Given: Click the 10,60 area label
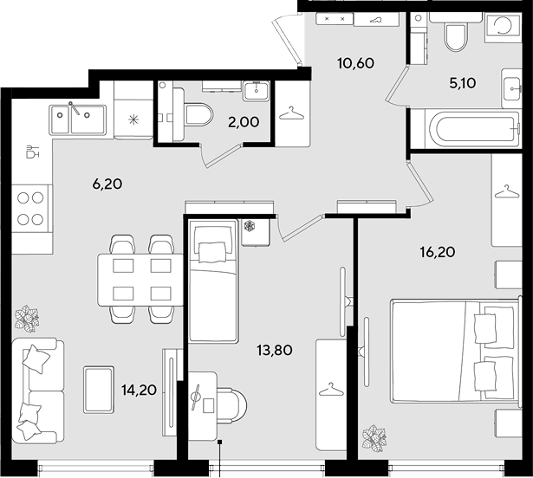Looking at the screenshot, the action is coord(355,63).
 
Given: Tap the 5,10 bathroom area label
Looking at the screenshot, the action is coord(463,83).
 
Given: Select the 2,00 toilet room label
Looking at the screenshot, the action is coord(244,122).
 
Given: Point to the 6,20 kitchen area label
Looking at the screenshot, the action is coord(107,184).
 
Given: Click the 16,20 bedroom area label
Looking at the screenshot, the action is coord(438,252).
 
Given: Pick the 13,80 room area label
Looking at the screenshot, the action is coord(275,350).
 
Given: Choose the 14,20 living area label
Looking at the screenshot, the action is coord(139,391).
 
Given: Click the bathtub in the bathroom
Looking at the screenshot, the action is coord(472,129).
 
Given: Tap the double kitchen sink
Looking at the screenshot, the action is coord(77,119).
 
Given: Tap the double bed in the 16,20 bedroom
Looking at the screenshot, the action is coord(456,352).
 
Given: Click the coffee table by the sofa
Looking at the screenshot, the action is coord(99,390).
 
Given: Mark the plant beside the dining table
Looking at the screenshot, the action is coord(27,319).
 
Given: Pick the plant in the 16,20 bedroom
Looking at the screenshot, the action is coord(374,438).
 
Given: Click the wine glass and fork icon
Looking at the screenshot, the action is coord(33,152).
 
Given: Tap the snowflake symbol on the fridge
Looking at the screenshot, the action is coord(133,119).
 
